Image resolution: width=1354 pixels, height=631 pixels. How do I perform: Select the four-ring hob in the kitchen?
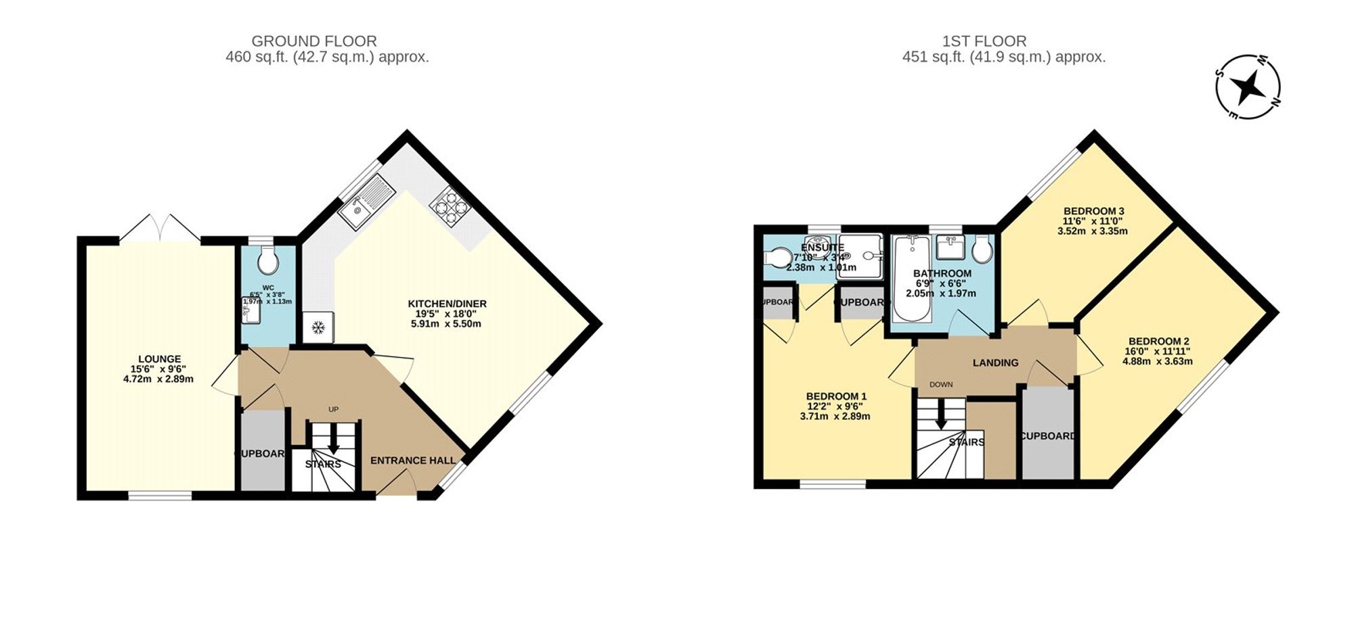(449, 205)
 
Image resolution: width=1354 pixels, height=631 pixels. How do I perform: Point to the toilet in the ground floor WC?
(267, 261)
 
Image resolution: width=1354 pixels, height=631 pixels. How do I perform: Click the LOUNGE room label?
(159, 359)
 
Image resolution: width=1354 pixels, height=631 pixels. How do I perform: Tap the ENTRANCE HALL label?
(412, 461)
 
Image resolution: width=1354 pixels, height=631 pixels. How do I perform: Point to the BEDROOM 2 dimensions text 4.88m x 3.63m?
(1157, 361)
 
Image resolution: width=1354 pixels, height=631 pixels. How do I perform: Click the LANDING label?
(995, 363)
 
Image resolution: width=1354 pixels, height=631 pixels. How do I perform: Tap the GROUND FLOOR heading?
(314, 41)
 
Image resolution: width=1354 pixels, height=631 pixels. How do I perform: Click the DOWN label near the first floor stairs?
(940, 384)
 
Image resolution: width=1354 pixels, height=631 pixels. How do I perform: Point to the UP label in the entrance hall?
(333, 409)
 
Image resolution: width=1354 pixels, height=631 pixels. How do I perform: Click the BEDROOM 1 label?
(835, 396)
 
